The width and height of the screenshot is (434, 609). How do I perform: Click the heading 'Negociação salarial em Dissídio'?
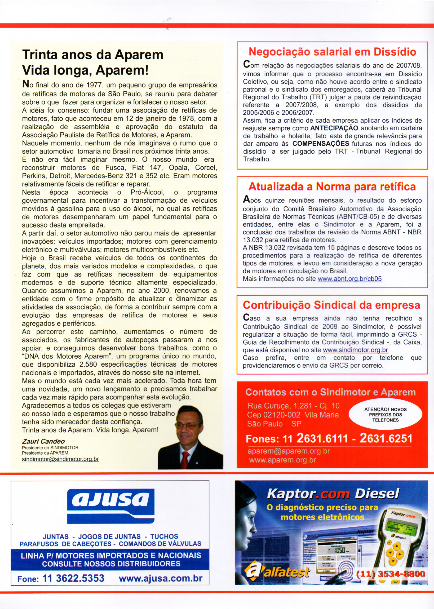[332, 52]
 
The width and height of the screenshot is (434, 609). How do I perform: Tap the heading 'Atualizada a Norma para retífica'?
[332, 186]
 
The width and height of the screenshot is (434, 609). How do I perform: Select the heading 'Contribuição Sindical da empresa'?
[331, 305]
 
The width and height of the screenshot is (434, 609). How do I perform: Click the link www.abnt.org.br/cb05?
[349, 279]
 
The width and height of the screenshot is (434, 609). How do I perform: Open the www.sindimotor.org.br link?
[355, 350]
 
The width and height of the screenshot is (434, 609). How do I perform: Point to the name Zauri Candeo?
[43, 441]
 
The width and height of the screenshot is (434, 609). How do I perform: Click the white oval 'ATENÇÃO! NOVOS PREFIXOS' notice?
[385, 415]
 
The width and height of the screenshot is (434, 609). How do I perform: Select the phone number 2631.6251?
[386, 439]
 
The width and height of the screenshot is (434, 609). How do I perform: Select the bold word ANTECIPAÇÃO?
[334, 128]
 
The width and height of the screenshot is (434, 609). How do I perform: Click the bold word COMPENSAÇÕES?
[321, 144]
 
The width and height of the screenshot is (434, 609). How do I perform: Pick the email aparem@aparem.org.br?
[289, 451]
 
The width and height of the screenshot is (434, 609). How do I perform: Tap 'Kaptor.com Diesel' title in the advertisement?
[333, 494]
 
